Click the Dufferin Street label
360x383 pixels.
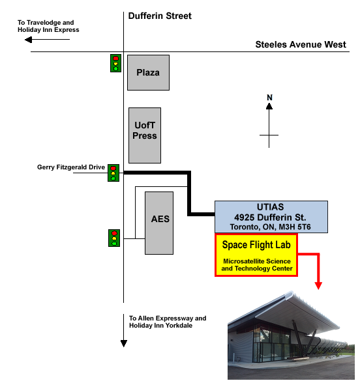coord(160,16)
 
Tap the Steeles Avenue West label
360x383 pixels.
coord(301,44)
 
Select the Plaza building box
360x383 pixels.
coord(148,72)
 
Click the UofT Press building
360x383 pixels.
coord(145,135)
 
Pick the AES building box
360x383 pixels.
coord(159,223)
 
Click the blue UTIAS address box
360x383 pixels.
coord(271,217)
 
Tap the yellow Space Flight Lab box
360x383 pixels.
coord(256,255)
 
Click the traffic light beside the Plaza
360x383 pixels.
coord(115,63)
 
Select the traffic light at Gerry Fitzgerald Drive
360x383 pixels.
coord(113,173)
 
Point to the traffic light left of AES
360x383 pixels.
coord(114,238)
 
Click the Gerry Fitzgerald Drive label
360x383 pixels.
coord(71,167)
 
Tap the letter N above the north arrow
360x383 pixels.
coord(269,98)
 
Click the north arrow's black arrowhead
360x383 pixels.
coord(269,106)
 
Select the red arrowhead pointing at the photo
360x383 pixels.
coord(318,286)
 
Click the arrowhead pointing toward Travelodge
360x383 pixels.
coord(29,39)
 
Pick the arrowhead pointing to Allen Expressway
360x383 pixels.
coord(124,343)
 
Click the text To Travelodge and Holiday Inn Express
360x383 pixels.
coord(48,26)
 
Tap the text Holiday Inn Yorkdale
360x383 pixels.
coord(160,326)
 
